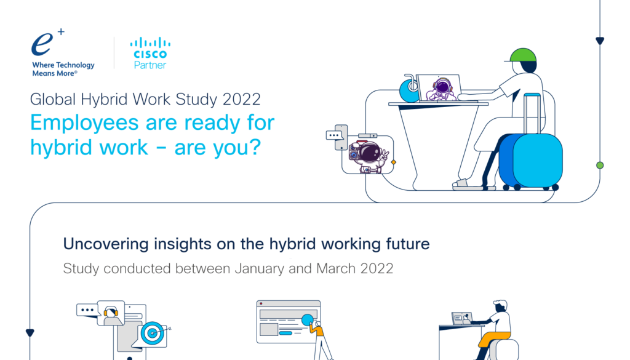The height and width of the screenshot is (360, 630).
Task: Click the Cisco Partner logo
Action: point(150,53)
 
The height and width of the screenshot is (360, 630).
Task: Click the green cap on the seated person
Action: point(522,55)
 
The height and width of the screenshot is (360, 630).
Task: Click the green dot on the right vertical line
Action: point(600,165)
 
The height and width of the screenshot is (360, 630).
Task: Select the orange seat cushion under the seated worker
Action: point(494,338)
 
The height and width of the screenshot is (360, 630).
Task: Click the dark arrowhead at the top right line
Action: point(600,41)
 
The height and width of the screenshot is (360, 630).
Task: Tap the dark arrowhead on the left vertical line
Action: point(30,333)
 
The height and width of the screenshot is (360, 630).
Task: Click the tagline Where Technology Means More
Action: point(63,69)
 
